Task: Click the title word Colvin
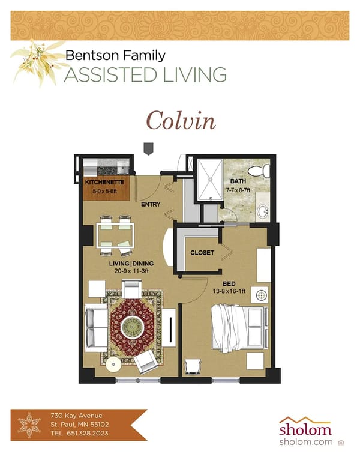[x=181, y=120]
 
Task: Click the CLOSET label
[x=202, y=253]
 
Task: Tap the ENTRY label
[x=151, y=205]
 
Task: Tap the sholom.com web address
[x=305, y=442]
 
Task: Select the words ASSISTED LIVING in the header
[x=145, y=75]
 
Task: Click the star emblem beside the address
[x=28, y=424]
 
